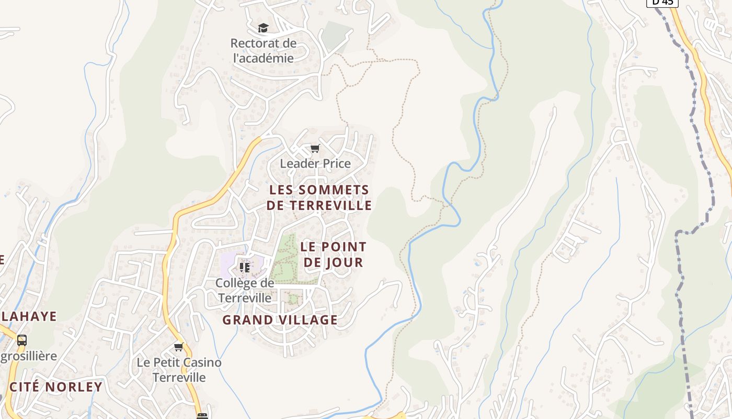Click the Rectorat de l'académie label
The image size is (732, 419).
tap(263, 51)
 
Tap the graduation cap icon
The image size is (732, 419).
tap(263, 28)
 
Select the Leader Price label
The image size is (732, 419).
tap(315, 163)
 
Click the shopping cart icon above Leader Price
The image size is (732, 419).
tap(315, 149)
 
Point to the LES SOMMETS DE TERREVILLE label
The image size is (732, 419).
tap(319, 197)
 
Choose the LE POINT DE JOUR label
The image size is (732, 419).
tap(334, 254)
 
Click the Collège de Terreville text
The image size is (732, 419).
tap(245, 290)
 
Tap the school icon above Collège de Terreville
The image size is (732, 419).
tap(244, 267)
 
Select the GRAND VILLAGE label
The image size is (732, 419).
tap(280, 319)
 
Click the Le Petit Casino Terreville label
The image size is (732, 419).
tap(179, 370)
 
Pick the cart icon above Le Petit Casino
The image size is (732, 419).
tap(179, 347)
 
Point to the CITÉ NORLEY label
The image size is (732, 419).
tap(56, 387)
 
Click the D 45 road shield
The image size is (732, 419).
tap(662, 3)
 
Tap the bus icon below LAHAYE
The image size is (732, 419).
tap(22, 340)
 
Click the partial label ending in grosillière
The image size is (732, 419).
tap(29, 356)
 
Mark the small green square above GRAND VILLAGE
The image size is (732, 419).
tap(293, 299)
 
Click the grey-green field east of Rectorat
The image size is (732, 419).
tap(335, 34)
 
